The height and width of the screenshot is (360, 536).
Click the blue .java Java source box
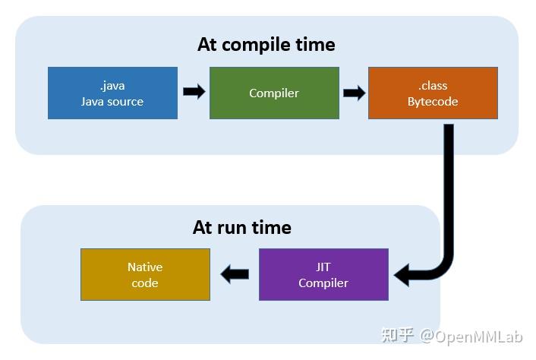point(112,93)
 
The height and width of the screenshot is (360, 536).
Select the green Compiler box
point(274,93)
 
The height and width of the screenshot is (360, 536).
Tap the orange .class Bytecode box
point(433,93)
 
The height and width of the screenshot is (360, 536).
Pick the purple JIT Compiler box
point(323,274)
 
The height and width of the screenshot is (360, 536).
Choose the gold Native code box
point(145,274)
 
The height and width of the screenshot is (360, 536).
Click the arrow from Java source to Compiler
point(194,92)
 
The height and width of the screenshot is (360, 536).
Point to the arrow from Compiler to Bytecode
point(354,93)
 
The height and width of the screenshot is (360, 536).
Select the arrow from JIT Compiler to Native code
point(235,274)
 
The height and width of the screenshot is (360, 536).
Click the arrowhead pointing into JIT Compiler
point(402,275)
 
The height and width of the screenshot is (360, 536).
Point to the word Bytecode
point(433,102)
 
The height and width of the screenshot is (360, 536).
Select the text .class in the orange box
point(433,86)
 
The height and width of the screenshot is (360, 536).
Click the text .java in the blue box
point(112,86)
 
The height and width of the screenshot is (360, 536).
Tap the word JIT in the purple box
point(323,267)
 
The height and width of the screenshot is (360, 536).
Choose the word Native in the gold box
point(145,267)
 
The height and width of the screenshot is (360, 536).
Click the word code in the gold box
point(145,283)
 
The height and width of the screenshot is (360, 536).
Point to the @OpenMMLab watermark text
point(471,336)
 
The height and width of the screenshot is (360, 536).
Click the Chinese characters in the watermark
point(398,335)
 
